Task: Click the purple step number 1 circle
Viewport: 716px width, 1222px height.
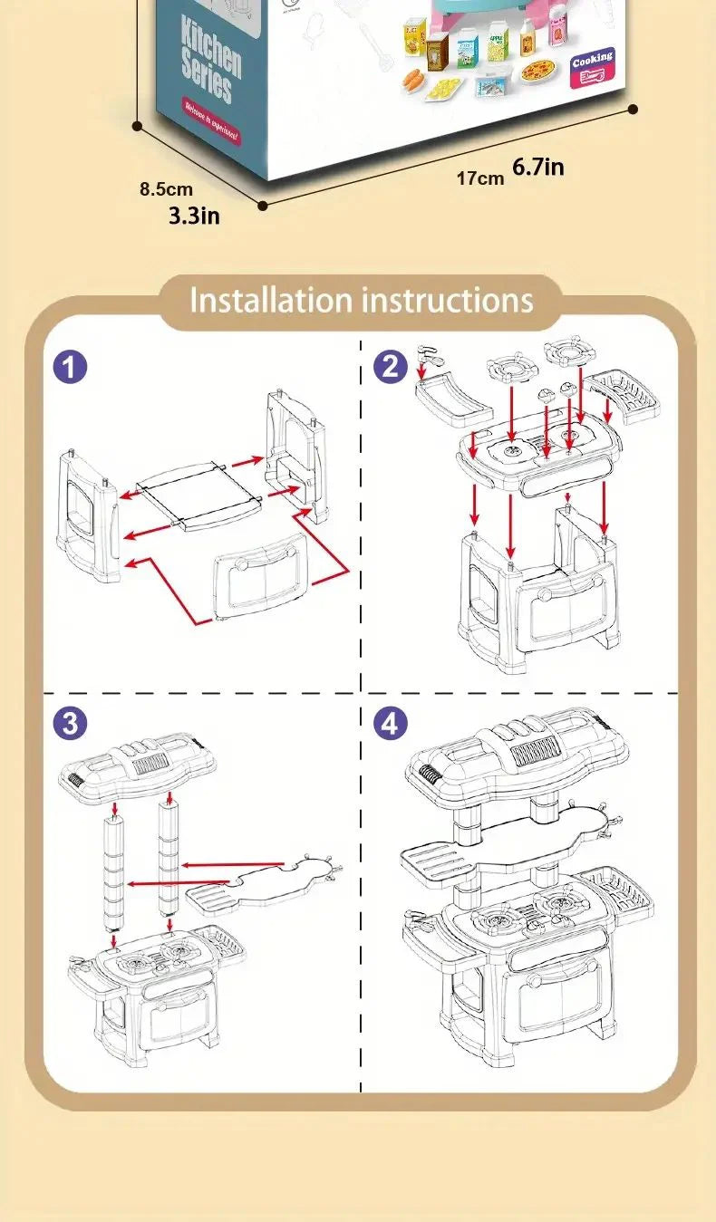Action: (70, 367)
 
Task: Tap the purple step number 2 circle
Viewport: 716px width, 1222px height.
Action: (390, 367)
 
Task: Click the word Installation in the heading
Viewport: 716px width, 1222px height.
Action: (270, 300)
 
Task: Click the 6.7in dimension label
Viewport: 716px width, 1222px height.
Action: (538, 167)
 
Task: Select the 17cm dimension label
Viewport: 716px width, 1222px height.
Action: (479, 178)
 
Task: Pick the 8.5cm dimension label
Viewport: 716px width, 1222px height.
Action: (166, 189)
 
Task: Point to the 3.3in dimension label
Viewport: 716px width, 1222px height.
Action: (194, 216)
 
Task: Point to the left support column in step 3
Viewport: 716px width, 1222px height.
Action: (114, 870)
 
